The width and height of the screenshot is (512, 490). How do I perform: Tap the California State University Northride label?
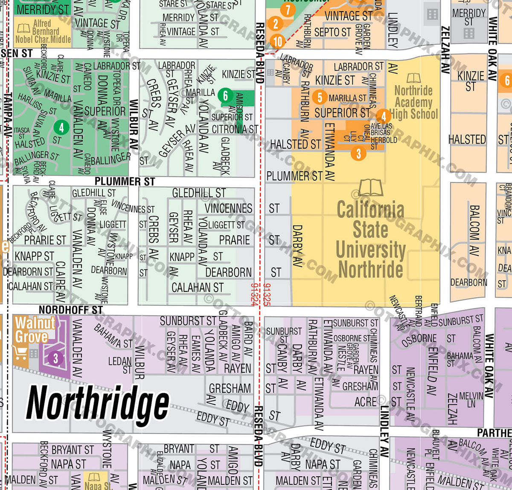(x=370, y=239)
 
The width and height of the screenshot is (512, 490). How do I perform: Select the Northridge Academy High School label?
(x=413, y=103)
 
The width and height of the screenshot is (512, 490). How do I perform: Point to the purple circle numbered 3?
(x=55, y=358)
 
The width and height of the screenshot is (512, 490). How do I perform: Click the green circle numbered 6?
(x=225, y=96)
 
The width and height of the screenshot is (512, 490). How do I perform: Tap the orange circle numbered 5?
(x=320, y=97)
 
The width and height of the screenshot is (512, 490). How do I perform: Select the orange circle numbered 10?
(x=278, y=41)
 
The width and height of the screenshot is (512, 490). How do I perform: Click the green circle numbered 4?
(x=61, y=127)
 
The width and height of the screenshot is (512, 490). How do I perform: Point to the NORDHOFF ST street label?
(x=71, y=310)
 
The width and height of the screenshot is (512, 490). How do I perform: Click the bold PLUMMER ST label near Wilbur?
(x=125, y=182)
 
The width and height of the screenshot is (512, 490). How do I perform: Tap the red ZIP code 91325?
(x=267, y=294)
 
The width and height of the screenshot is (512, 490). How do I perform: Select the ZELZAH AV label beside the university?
(x=445, y=50)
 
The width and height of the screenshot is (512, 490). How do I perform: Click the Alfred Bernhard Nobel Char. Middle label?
(x=43, y=32)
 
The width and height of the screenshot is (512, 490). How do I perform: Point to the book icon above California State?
(x=370, y=188)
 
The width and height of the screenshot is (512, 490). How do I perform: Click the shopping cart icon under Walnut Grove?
(x=20, y=353)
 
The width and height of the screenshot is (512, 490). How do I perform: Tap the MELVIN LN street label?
(x=471, y=399)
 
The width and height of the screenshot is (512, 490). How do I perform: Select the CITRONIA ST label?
(x=235, y=129)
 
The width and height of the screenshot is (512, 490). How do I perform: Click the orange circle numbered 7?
(x=288, y=9)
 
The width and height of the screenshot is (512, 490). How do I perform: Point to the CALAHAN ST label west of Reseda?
(x=197, y=288)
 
